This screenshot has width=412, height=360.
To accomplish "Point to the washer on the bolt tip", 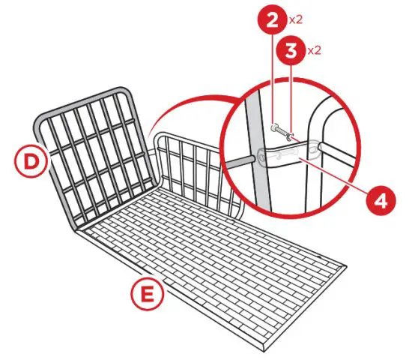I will click(x=290, y=136).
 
